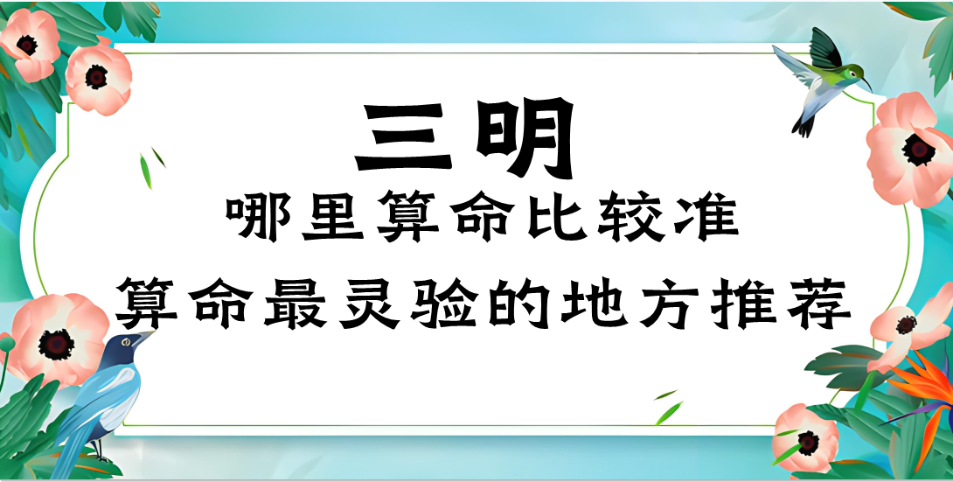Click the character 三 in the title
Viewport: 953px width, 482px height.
pyautogui.click(x=403, y=138)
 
